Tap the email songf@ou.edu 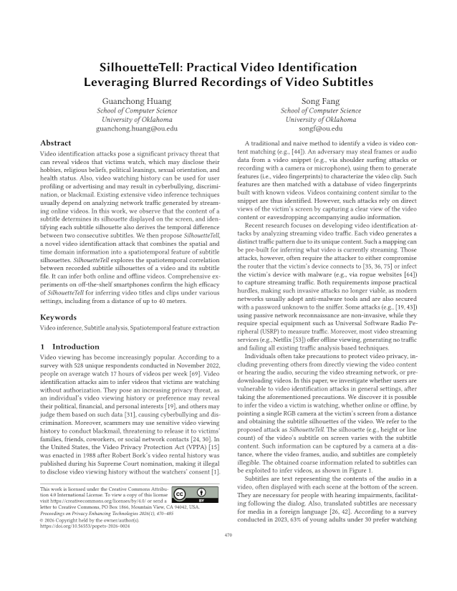(321, 129)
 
